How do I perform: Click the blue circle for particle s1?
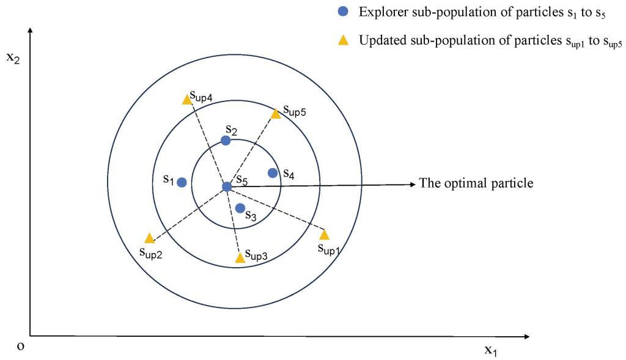182,182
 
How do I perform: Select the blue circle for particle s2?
226,141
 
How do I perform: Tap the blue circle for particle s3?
240,208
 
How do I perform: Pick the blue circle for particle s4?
273,173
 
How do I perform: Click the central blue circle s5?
227,186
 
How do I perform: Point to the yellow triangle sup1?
324,235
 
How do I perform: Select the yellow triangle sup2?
149,238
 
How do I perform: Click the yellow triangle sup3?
240,258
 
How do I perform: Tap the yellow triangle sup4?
187,99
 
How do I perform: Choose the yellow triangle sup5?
276,113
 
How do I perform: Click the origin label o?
21,346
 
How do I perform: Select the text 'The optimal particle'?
476,183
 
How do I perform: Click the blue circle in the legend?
343,12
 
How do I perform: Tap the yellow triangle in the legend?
343,41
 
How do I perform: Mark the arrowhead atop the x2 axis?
29,30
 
